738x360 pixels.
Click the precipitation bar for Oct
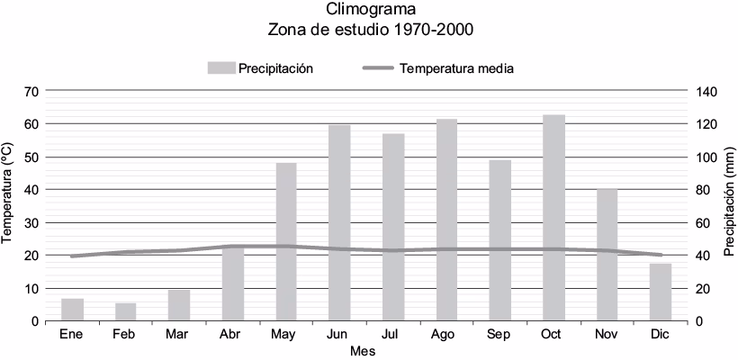click(553, 218)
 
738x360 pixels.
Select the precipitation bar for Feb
click(126, 311)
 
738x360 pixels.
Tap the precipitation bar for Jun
click(339, 222)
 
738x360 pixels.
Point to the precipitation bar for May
click(286, 241)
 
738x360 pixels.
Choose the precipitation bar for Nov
click(607, 255)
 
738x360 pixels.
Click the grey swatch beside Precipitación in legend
click(220, 68)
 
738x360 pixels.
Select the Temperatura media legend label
click(456, 68)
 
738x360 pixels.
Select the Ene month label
click(72, 334)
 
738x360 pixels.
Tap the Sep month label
click(500, 334)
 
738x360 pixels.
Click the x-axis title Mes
click(363, 351)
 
